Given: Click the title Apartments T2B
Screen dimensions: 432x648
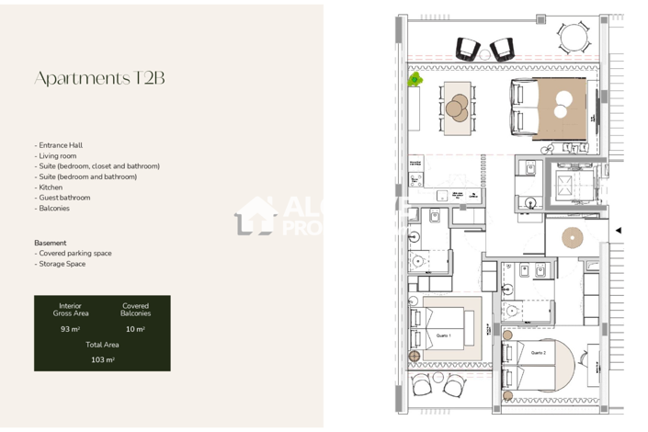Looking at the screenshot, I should point(99,78).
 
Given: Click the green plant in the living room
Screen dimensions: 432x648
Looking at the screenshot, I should point(415,80).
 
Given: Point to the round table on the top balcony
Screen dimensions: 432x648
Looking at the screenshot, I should point(574,38).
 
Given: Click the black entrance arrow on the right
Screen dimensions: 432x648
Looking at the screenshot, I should point(619,231).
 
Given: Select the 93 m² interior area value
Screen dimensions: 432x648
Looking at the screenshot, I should point(71,328).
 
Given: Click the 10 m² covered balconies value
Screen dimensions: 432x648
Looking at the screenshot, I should point(135,328).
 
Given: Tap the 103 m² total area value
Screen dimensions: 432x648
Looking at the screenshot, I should point(102,359).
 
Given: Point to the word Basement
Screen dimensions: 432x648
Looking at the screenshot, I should point(51,243).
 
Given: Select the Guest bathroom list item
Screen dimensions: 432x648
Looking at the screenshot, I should point(63,198).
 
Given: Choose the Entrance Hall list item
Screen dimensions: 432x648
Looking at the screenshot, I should point(60,145).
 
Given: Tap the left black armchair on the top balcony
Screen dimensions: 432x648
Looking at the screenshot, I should point(468,49).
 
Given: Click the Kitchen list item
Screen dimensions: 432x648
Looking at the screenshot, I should point(50,188).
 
